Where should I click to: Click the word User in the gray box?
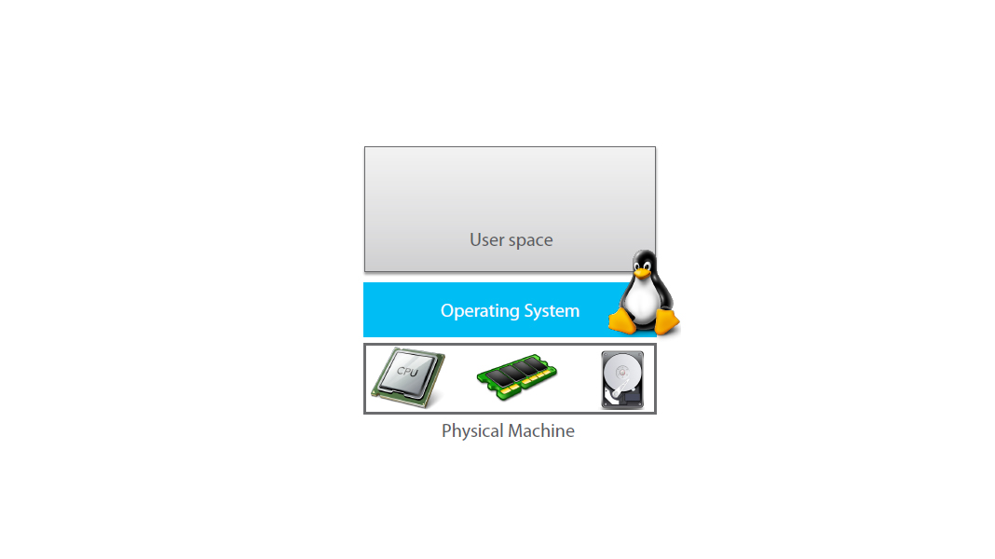tap(486, 239)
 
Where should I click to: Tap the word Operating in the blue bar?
tap(477, 311)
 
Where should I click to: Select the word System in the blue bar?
tap(549, 310)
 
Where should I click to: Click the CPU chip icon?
tap(407, 378)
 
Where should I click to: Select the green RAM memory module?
tap(517, 377)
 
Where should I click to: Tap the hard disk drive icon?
tap(622, 379)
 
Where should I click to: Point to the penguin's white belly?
tap(642, 304)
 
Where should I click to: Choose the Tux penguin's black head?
tap(643, 261)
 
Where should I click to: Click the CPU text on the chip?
tap(407, 371)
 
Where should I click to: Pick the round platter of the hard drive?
tap(622, 374)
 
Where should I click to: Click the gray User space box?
tap(510, 200)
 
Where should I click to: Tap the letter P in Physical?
tap(446, 430)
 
